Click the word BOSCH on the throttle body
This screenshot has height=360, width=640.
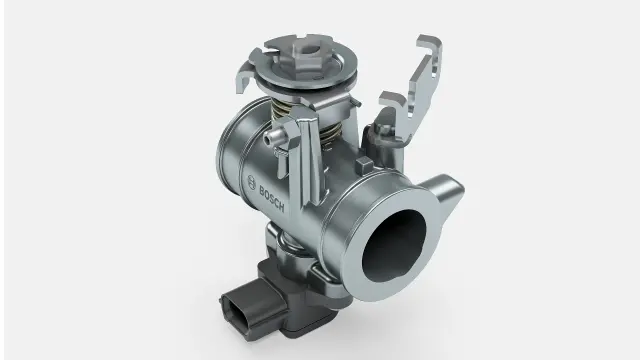point(272,199)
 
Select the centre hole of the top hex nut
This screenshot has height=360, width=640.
point(311,50)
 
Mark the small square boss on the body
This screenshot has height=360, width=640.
point(364,165)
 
